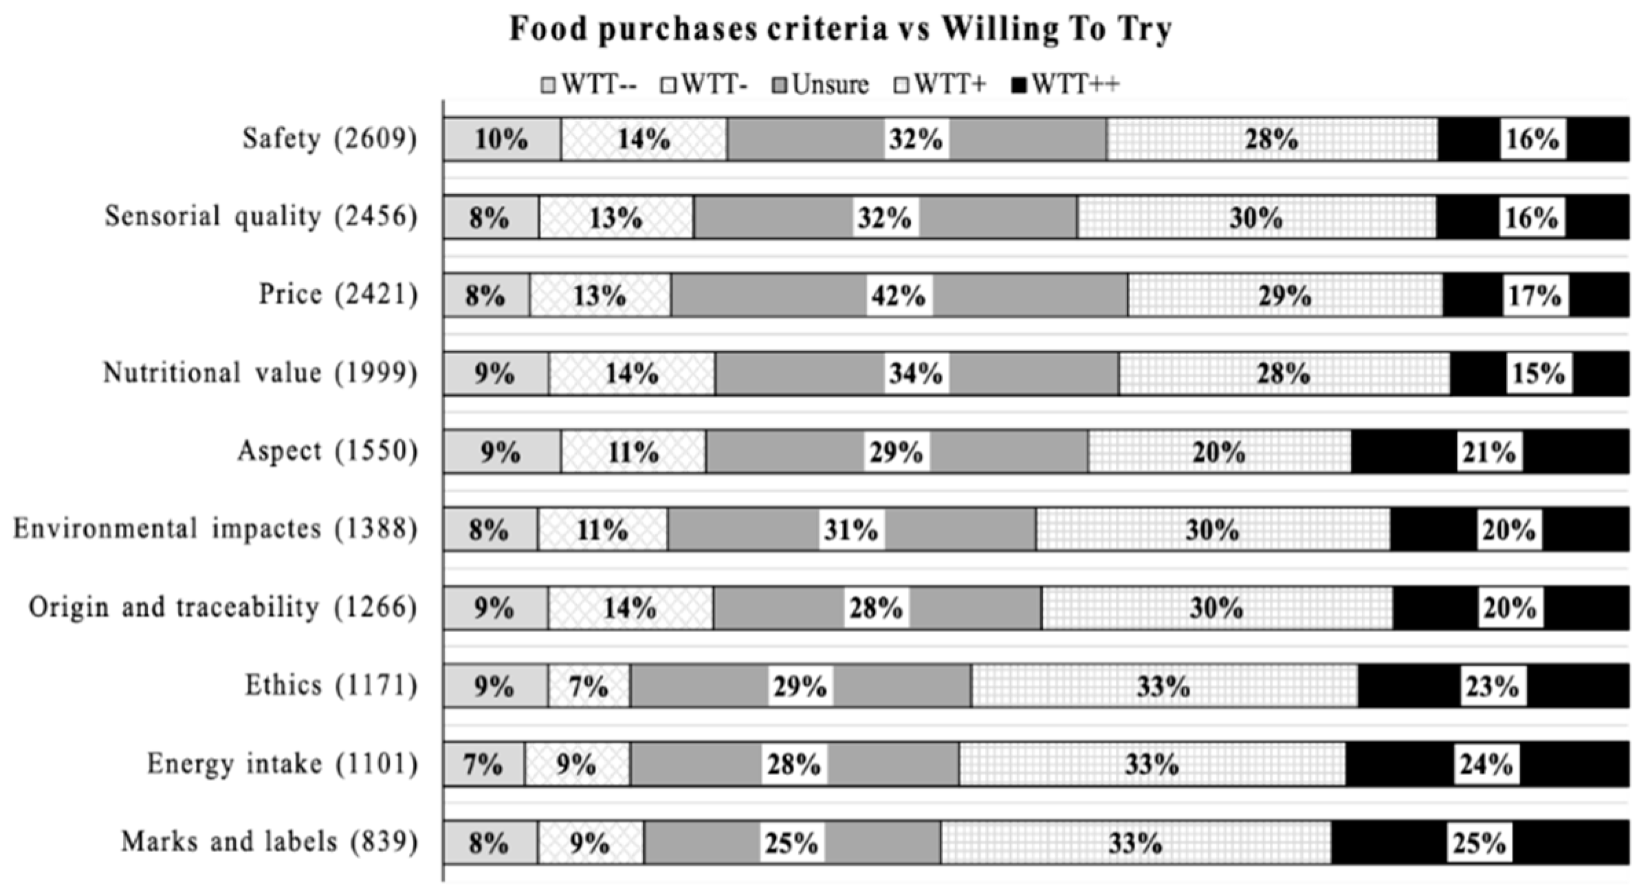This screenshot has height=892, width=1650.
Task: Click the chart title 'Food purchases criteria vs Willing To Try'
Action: pos(839,30)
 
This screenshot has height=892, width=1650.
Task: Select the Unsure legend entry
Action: pos(822,85)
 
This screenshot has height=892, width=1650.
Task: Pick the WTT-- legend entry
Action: pos(590,85)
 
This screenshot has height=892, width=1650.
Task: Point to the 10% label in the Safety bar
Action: pos(501,140)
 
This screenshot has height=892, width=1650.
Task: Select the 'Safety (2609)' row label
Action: pos(329,139)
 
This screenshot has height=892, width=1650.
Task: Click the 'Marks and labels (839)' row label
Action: pos(269,842)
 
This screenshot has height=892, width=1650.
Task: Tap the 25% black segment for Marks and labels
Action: pos(1479,843)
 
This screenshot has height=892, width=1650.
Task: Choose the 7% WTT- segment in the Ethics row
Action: pos(588,686)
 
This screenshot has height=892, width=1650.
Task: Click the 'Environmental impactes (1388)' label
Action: pos(215,529)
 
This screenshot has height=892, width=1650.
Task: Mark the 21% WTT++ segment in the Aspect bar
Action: pos(1488,452)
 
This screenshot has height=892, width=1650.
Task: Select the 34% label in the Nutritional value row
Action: pos(916,373)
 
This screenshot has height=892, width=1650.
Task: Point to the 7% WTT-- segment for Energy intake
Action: pos(483,765)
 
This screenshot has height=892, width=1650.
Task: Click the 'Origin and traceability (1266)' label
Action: pos(223,607)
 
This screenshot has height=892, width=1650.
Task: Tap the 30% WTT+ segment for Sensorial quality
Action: pos(1255,218)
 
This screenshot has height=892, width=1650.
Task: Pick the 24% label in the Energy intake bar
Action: pos(1486,764)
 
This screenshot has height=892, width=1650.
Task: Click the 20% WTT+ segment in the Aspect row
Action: pos(1219,452)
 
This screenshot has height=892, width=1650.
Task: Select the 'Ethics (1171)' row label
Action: pos(331,685)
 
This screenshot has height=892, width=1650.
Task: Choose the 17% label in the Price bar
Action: pos(1535,296)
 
